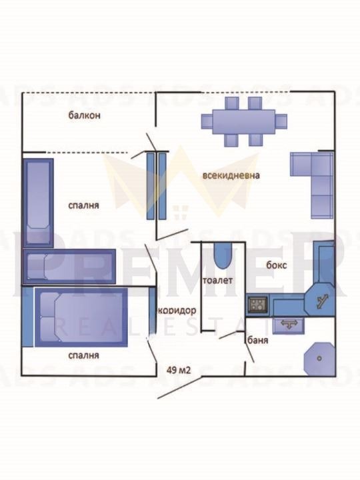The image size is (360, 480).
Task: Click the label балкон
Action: point(84,115)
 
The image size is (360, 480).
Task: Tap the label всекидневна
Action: point(231,175)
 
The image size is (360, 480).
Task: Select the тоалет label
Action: point(217,280)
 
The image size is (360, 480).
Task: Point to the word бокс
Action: point(277,265)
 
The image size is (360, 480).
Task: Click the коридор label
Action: point(177,311)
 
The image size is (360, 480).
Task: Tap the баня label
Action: point(257,340)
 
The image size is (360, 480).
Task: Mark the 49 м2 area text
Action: point(179,370)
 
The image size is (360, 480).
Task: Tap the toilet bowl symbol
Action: point(223,256)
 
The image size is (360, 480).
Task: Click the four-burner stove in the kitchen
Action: point(257,304)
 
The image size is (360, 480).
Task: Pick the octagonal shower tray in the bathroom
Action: point(319,358)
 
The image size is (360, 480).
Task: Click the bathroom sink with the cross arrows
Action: point(289,325)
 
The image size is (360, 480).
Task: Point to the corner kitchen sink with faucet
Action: point(320,300)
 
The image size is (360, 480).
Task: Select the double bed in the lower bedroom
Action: point(81,317)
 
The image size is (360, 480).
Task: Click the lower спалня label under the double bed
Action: point(83,355)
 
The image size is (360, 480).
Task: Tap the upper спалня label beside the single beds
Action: point(83,205)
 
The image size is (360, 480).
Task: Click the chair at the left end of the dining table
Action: point(207,121)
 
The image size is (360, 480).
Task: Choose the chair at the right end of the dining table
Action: point(281,121)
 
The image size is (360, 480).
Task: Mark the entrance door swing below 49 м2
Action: point(180,387)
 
